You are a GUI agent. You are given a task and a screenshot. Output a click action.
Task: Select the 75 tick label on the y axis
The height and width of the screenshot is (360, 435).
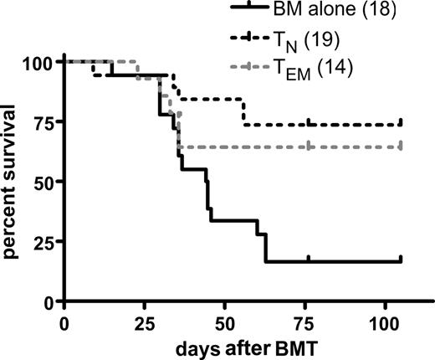(x=43, y=121)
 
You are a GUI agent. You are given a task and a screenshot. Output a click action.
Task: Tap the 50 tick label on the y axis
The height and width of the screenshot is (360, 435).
(x=43, y=181)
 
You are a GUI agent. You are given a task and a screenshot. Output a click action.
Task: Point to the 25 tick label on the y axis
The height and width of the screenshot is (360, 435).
(x=43, y=241)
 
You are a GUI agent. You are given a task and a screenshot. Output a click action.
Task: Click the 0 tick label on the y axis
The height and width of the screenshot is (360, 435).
(x=49, y=301)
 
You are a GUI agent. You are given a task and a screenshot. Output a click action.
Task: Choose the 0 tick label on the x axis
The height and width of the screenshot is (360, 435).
(x=65, y=322)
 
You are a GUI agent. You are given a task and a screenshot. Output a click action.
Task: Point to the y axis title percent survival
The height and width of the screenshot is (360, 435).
(x=14, y=180)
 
